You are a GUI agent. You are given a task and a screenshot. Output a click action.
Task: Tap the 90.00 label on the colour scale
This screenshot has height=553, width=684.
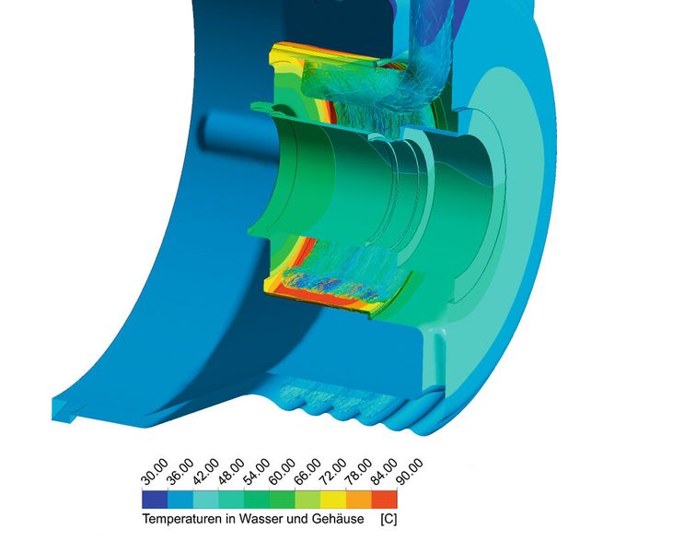coord(410,472)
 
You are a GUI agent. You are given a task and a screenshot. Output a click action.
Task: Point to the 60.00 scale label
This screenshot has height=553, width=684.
coord(282,472)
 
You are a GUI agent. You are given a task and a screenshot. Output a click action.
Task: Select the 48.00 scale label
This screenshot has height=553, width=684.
coord(231,472)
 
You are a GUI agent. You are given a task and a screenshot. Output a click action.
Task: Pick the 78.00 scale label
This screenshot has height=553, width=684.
coord(359,472)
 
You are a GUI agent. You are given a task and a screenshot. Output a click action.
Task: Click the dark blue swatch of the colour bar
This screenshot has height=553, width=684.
coord(155,500)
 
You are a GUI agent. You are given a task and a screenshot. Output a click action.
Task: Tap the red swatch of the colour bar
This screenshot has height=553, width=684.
coord(384,500)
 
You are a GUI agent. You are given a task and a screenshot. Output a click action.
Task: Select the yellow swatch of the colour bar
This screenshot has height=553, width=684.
coord(333,500)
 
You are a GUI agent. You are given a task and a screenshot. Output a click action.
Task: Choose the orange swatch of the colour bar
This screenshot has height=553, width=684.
coord(359,500)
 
